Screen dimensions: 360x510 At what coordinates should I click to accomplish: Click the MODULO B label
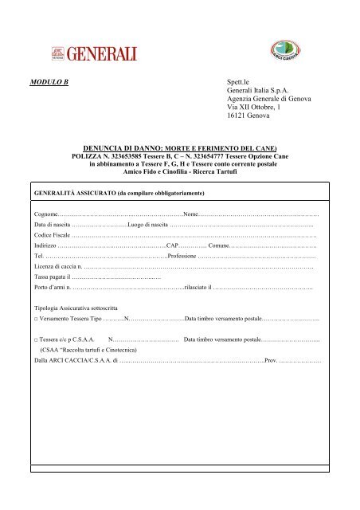pyautogui.click(x=49, y=81)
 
